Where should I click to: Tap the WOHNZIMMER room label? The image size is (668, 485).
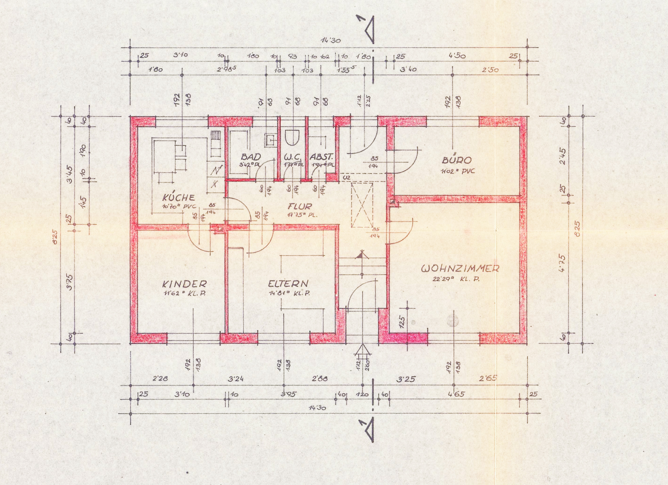460,269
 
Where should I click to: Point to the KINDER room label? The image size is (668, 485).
184,284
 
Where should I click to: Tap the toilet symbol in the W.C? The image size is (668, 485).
292,136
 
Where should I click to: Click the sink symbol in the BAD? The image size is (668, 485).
270,140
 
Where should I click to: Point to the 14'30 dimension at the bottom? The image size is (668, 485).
317,408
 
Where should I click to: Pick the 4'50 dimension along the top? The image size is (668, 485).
457,56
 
